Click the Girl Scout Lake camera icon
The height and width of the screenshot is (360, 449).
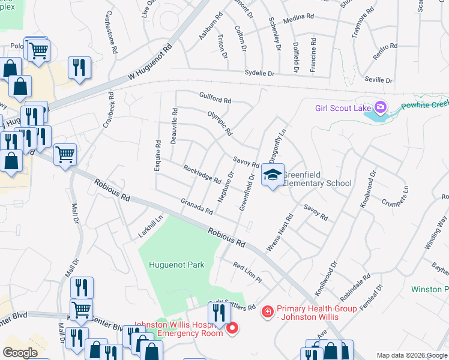pyautogui.click(x=379, y=107)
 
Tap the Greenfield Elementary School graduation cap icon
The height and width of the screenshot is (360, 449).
pyautogui.click(x=273, y=175)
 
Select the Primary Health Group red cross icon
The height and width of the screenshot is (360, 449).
pyautogui.click(x=267, y=312)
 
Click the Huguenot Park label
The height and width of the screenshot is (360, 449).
pyautogui.click(x=176, y=265)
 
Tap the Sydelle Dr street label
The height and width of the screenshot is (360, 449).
pyautogui.click(x=259, y=73)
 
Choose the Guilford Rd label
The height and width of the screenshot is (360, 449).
pyautogui.click(x=215, y=100)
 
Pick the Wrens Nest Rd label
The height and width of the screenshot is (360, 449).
pyautogui.click(x=280, y=233)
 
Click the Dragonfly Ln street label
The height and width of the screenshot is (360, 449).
pyautogui.click(x=277, y=145)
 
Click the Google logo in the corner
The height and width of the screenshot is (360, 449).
pyautogui.click(x=20, y=353)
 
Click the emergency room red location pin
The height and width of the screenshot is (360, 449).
pyautogui.click(x=232, y=328)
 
